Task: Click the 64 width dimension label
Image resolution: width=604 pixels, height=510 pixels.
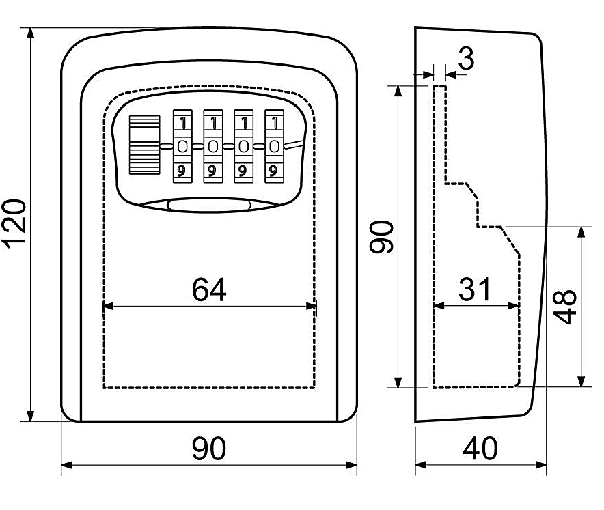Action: click(209, 290)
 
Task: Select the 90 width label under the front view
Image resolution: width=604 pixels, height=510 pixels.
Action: click(209, 449)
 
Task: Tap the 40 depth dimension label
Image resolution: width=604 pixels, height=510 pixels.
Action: click(481, 449)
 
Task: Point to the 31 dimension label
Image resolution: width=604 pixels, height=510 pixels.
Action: click(475, 289)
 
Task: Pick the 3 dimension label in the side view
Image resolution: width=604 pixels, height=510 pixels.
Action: click(467, 59)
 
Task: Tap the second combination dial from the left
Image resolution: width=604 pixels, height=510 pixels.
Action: click(213, 146)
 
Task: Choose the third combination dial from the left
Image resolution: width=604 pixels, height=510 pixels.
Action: click(243, 146)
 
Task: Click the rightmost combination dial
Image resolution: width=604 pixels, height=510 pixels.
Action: click(274, 146)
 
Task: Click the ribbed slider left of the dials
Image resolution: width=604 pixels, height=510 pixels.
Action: click(143, 145)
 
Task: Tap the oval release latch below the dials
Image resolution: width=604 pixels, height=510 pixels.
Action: click(210, 205)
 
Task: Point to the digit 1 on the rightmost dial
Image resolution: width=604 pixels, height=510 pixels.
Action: click(274, 123)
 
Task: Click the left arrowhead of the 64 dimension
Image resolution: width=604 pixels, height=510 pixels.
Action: click(106, 307)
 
